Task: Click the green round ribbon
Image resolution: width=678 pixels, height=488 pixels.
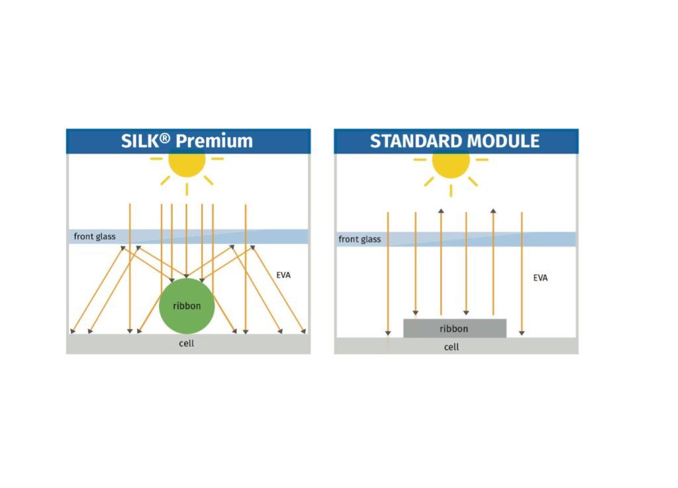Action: (x=187, y=306)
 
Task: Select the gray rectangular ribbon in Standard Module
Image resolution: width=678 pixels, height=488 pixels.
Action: (x=455, y=328)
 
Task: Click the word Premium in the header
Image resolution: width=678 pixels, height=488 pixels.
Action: (x=215, y=141)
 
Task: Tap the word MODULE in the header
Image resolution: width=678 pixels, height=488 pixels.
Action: (x=504, y=141)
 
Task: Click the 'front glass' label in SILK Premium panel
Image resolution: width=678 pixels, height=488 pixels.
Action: (x=95, y=236)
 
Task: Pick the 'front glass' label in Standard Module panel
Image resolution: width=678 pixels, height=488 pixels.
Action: (x=360, y=239)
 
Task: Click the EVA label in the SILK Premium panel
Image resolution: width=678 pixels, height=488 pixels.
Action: (x=283, y=275)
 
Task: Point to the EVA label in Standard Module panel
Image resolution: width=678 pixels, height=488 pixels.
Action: (x=540, y=278)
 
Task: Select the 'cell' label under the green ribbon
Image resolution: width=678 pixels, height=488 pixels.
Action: (x=186, y=344)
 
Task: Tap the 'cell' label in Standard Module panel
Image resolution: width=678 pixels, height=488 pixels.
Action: (x=452, y=347)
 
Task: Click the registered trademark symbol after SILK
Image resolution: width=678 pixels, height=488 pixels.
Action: (x=165, y=138)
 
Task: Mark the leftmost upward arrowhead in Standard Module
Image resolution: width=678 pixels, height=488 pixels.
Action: (x=441, y=211)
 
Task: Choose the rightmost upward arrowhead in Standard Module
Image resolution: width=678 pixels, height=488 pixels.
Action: (x=493, y=211)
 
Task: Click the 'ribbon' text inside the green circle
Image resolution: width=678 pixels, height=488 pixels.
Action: (x=187, y=306)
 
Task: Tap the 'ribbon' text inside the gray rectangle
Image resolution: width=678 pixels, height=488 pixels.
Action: (x=454, y=329)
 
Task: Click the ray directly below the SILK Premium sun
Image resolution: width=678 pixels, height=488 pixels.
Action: (x=187, y=189)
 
